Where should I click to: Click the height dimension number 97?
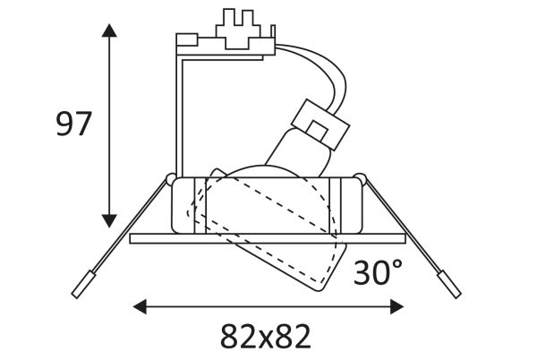(73, 124)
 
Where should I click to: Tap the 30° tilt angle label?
(378, 271)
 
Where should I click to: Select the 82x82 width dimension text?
(266, 336)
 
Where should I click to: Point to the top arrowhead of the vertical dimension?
(109, 30)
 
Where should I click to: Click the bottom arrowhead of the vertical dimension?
(109, 221)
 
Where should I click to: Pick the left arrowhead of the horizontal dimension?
(140, 306)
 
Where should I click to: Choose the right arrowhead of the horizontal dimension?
(396, 306)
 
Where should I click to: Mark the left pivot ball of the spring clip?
(170, 179)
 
